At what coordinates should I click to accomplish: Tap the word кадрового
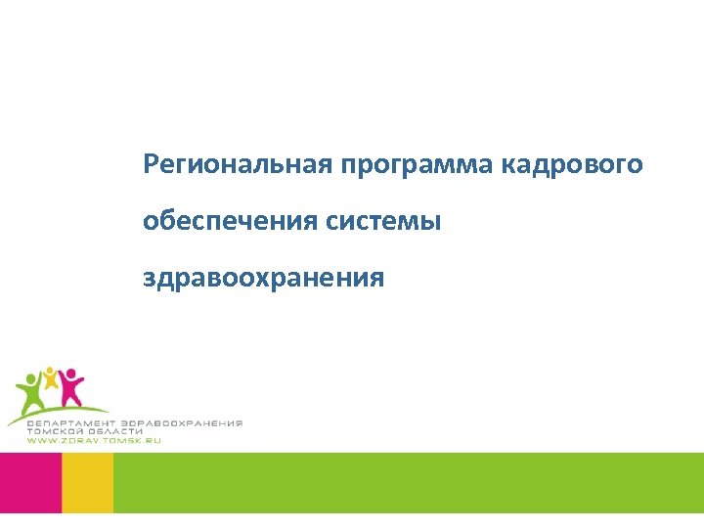[x=573, y=163]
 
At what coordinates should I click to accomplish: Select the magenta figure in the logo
[x=70, y=387]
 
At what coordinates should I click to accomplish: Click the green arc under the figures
[x=59, y=411]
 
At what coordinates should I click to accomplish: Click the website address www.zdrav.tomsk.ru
[x=93, y=441]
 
